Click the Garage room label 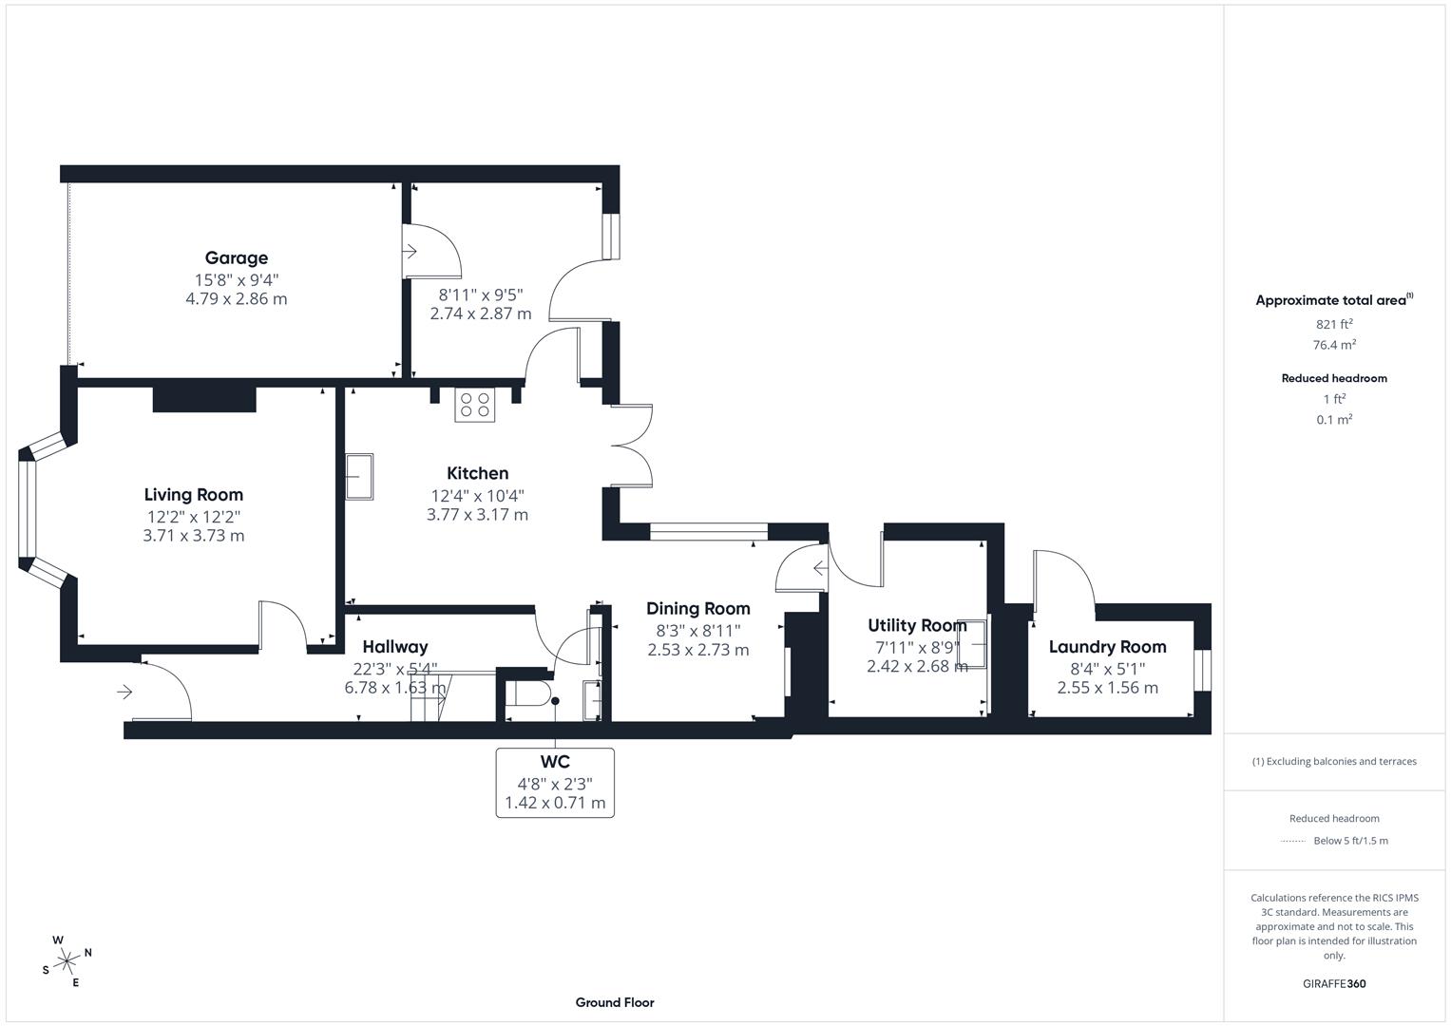pyautogui.click(x=236, y=257)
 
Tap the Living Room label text pyautogui.click(x=193, y=494)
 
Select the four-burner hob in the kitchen pyautogui.click(x=474, y=405)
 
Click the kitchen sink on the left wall pyautogui.click(x=359, y=476)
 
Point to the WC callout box pyautogui.click(x=555, y=782)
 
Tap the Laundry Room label pyautogui.click(x=1107, y=647)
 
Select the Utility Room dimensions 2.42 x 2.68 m pyautogui.click(x=917, y=666)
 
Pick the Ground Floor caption pyautogui.click(x=614, y=1002)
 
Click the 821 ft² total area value pyautogui.click(x=1334, y=324)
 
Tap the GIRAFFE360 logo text pyautogui.click(x=1334, y=983)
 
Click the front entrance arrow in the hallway pyautogui.click(x=124, y=693)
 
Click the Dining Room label pyautogui.click(x=697, y=609)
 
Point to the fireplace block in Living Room pyautogui.click(x=204, y=399)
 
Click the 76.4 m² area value pyautogui.click(x=1334, y=345)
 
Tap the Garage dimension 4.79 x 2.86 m pyautogui.click(x=236, y=298)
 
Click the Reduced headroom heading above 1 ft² pyautogui.click(x=1334, y=378)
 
